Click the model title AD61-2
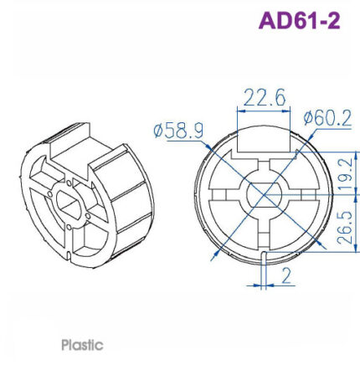click(299, 20)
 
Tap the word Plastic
click(82, 344)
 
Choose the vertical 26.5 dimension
click(343, 228)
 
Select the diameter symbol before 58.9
click(159, 131)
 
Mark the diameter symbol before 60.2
click(307, 119)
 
